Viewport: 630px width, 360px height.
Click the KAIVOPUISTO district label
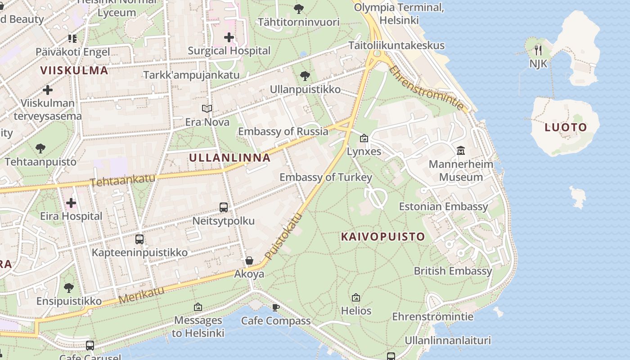coord(383,237)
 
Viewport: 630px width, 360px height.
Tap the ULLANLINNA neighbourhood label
coord(230,158)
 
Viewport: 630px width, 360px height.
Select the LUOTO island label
coord(566,127)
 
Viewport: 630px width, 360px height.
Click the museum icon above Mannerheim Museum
coord(460,150)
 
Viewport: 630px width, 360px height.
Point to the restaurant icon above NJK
coord(538,49)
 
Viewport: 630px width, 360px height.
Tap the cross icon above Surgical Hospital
coord(229,37)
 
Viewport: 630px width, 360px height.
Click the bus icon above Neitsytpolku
coord(224,207)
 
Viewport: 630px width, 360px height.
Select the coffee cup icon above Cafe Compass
coord(276,307)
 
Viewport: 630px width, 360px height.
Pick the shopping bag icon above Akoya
coord(249,261)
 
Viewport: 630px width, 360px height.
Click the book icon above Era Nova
coord(207,109)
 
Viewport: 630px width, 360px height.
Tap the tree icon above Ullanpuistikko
coord(305,76)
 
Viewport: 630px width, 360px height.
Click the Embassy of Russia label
coord(283,131)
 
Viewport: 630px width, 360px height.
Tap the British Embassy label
coord(453,271)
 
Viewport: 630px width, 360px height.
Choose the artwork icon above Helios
coord(356,297)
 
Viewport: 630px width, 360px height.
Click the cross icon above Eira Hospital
coord(71,203)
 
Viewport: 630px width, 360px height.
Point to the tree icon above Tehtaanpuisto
coord(40,148)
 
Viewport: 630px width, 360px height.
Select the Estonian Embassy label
coord(443,207)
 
